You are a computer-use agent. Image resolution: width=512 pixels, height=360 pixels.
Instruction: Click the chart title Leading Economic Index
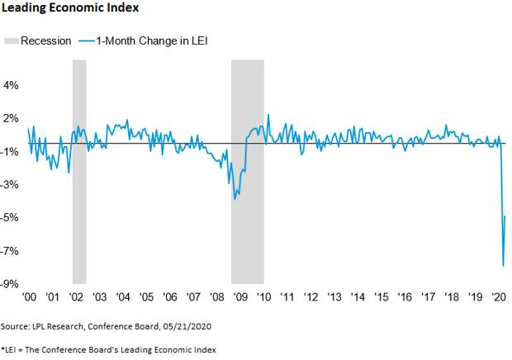pos(69,9)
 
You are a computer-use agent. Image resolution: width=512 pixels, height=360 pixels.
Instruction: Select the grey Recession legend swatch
pos(12,40)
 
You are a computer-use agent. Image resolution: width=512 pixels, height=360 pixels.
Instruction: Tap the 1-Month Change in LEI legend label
pos(147,40)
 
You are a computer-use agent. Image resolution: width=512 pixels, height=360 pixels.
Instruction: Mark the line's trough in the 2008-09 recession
pos(235,199)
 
